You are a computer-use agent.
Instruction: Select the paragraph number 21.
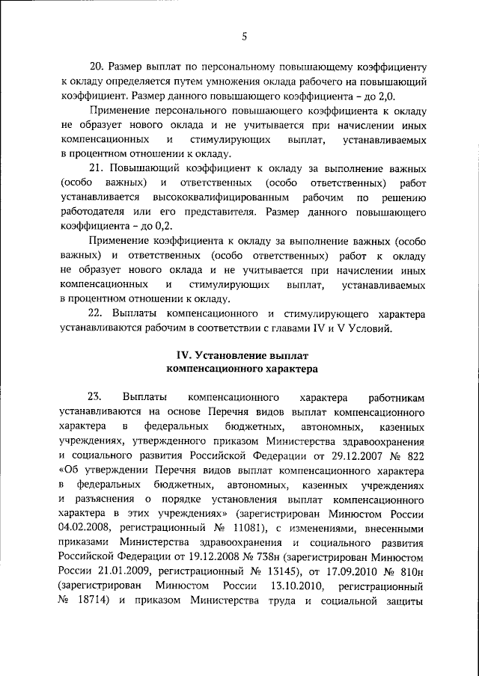pos(96,168)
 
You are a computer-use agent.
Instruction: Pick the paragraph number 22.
pos(96,312)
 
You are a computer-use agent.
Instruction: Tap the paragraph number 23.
pos(94,398)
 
